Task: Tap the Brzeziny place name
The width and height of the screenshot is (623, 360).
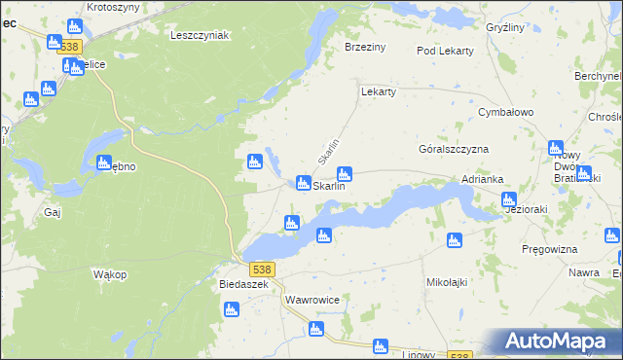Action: tap(366, 46)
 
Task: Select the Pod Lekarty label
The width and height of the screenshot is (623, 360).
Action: tap(445, 51)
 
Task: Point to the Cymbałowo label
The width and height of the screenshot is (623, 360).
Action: tap(506, 112)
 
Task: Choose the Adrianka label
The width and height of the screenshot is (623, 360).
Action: tap(482, 179)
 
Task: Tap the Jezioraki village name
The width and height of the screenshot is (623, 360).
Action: tap(526, 208)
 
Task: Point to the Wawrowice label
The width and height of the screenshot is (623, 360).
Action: tap(311, 300)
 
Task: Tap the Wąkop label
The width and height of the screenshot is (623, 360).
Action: tap(110, 274)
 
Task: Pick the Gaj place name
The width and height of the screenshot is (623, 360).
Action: tap(53, 211)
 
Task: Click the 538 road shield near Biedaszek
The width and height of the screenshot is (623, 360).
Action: tap(261, 269)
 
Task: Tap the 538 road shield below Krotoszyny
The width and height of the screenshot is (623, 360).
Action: tap(68, 46)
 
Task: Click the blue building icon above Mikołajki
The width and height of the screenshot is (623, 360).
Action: tap(454, 240)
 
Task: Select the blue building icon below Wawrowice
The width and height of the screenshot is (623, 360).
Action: tap(314, 330)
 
